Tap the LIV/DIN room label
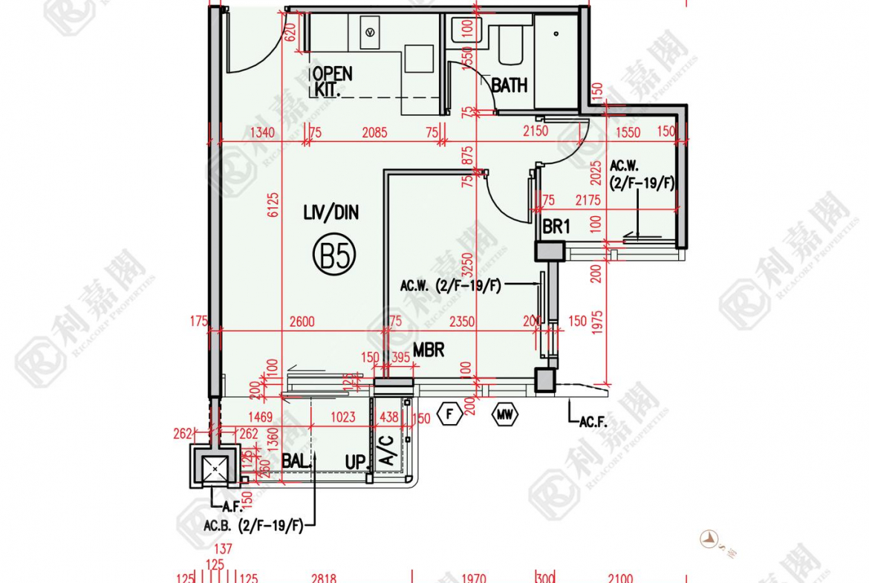tap(331, 213)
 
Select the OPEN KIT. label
tap(331, 82)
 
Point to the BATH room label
tap(510, 85)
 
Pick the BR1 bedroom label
tap(556, 227)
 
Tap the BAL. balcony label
tap(296, 461)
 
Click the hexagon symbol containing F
tap(450, 414)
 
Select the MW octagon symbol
tap(505, 414)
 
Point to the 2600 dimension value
tap(302, 322)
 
